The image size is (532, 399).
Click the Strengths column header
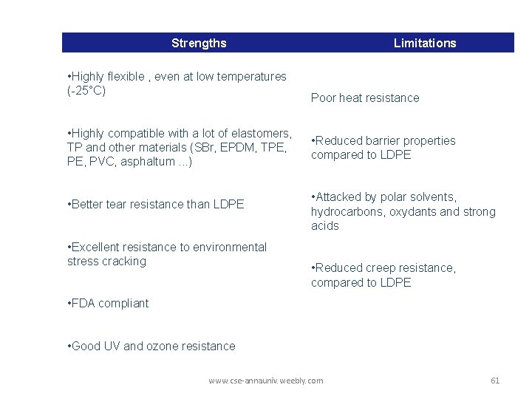click(x=199, y=43)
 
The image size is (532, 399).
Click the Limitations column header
click(x=425, y=43)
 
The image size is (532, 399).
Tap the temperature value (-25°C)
click(x=86, y=91)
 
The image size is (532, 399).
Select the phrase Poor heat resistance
click(x=365, y=98)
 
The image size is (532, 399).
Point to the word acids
click(x=325, y=225)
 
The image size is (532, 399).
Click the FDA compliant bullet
click(x=108, y=303)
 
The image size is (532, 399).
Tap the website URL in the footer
click(x=266, y=381)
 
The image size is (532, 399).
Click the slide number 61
click(x=495, y=381)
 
